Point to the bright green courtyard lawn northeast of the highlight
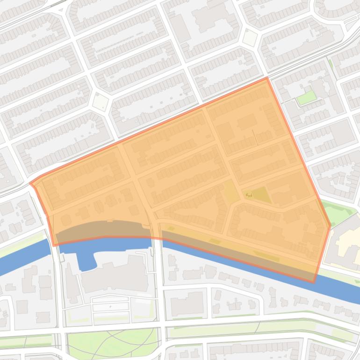pyautogui.click(x=306, y=97)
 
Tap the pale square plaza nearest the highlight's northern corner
pyautogui.click(x=250, y=38)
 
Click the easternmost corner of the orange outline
pyautogui.click(x=330, y=225)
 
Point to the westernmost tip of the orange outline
pyautogui.click(x=31, y=183)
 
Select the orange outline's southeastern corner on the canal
pyautogui.click(x=314, y=282)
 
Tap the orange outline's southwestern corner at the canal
pyautogui.click(x=55, y=245)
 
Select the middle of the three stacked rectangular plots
pyautogui.click(x=111, y=307)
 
